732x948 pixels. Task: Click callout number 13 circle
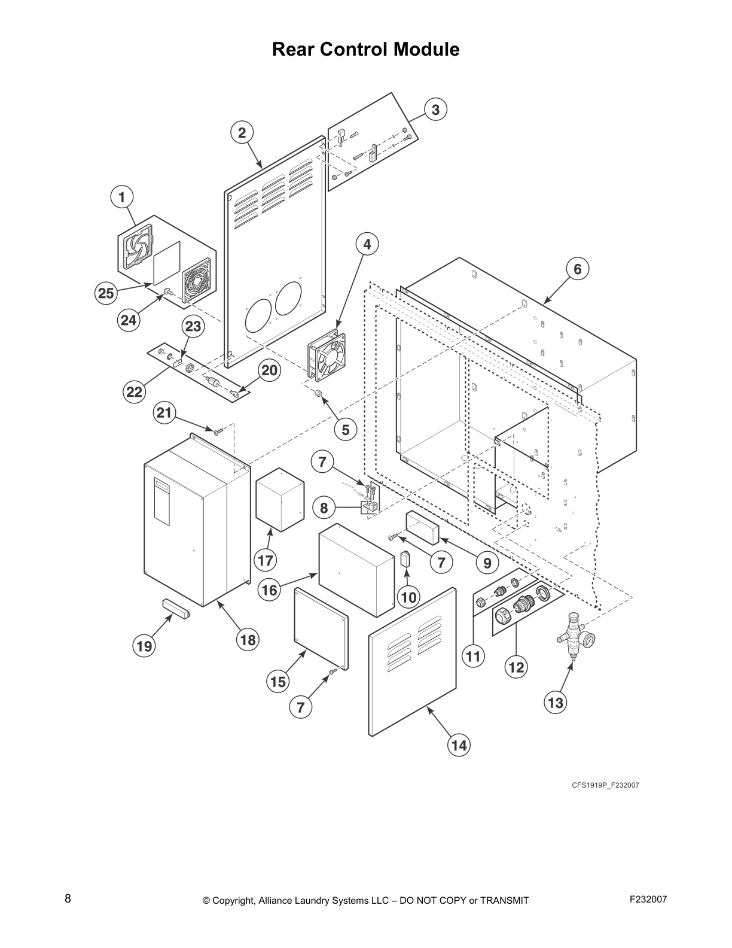click(x=556, y=702)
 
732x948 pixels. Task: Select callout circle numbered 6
click(x=577, y=269)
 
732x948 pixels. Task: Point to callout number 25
click(x=106, y=293)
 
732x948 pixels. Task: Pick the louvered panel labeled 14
click(x=413, y=661)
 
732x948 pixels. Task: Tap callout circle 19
click(x=144, y=646)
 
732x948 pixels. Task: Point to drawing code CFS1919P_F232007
click(x=605, y=785)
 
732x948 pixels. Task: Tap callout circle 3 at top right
click(x=435, y=110)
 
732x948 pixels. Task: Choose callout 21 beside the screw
click(x=164, y=412)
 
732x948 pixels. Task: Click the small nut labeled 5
click(x=319, y=394)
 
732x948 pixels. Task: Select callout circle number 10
click(x=408, y=597)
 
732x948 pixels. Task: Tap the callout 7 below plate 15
click(x=300, y=707)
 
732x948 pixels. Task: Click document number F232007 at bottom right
click(x=648, y=899)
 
